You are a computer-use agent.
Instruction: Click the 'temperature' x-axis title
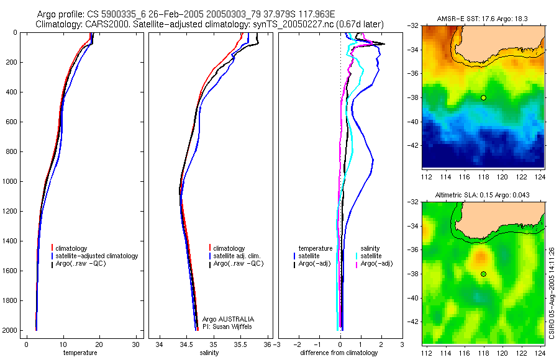coord(80,353)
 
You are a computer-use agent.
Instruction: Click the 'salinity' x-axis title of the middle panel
coord(209,353)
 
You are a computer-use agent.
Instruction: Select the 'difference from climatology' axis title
coord(339,353)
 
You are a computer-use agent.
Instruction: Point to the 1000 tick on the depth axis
coord(11,181)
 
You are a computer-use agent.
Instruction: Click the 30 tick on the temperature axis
coord(135,344)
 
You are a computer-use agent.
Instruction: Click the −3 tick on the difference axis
coord(276,344)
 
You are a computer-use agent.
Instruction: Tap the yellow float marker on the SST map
coord(483,97)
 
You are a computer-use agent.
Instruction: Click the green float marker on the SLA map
coord(483,274)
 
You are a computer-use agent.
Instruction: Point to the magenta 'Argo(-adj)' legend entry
coord(376,264)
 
